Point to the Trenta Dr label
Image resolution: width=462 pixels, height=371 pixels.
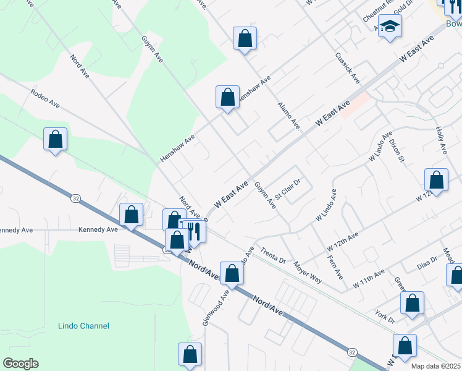click(x=272, y=255)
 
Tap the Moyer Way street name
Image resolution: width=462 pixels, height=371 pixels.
click(x=308, y=271)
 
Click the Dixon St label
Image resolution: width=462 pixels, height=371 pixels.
click(x=397, y=150)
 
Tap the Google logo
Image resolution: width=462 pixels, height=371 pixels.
click(x=20, y=363)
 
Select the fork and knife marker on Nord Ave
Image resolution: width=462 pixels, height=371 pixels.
click(x=195, y=232)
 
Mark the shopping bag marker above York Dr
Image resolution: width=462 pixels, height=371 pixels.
click(x=412, y=303)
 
